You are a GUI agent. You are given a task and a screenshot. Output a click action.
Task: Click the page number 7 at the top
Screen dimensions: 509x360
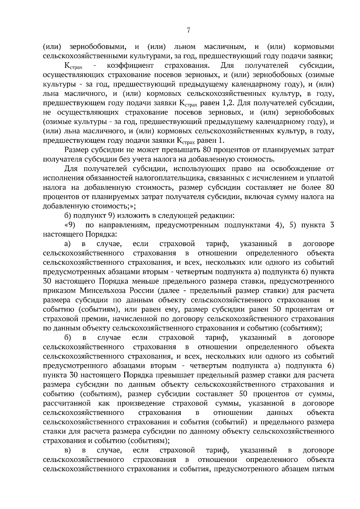(188, 30)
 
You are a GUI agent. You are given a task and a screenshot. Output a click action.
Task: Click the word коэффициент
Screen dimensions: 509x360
(130, 66)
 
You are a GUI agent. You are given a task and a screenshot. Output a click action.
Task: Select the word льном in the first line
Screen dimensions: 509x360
(185, 47)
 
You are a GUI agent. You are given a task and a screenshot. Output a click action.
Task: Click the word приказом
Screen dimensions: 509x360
(60, 290)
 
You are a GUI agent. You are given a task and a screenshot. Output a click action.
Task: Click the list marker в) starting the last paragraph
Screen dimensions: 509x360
(67, 450)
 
